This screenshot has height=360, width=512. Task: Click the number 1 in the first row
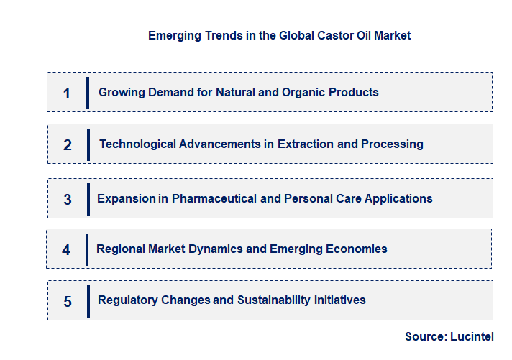click(x=67, y=93)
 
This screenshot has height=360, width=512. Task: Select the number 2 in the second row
click(x=68, y=144)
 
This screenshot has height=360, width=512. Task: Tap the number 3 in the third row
click(x=68, y=199)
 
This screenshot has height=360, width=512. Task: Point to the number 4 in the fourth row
click(x=66, y=250)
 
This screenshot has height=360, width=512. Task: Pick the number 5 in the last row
click(x=68, y=301)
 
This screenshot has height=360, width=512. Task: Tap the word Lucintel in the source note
click(x=472, y=336)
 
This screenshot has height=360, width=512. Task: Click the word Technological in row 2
click(x=140, y=144)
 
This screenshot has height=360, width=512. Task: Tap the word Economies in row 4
click(x=355, y=249)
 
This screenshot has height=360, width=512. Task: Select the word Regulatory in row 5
click(x=127, y=300)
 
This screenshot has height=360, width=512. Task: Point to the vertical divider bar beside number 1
click(x=87, y=93)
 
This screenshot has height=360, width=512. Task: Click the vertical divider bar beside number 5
click(x=88, y=301)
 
